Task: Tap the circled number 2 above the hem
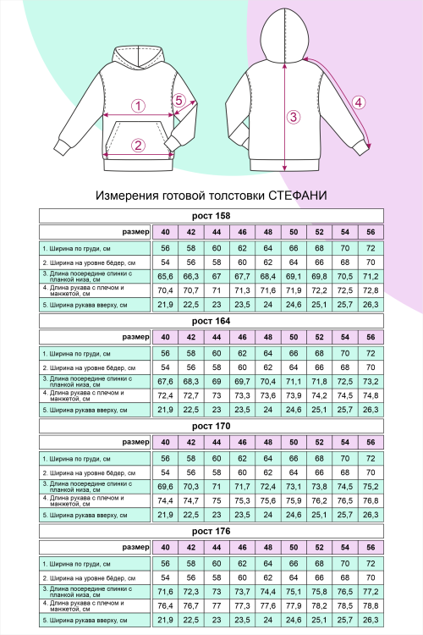[x=137, y=145]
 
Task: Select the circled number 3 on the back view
[x=293, y=117]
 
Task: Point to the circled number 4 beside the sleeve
[x=359, y=102]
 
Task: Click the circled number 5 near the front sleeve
[x=179, y=100]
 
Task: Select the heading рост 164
[x=211, y=321]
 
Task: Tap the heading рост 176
[x=211, y=531]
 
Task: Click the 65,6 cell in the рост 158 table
[x=165, y=276]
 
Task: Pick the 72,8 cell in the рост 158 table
[x=371, y=290]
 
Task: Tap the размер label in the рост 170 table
[x=135, y=442]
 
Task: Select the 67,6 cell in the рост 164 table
[x=165, y=381]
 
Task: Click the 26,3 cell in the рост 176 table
[x=371, y=620]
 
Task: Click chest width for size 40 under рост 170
[x=165, y=458]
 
